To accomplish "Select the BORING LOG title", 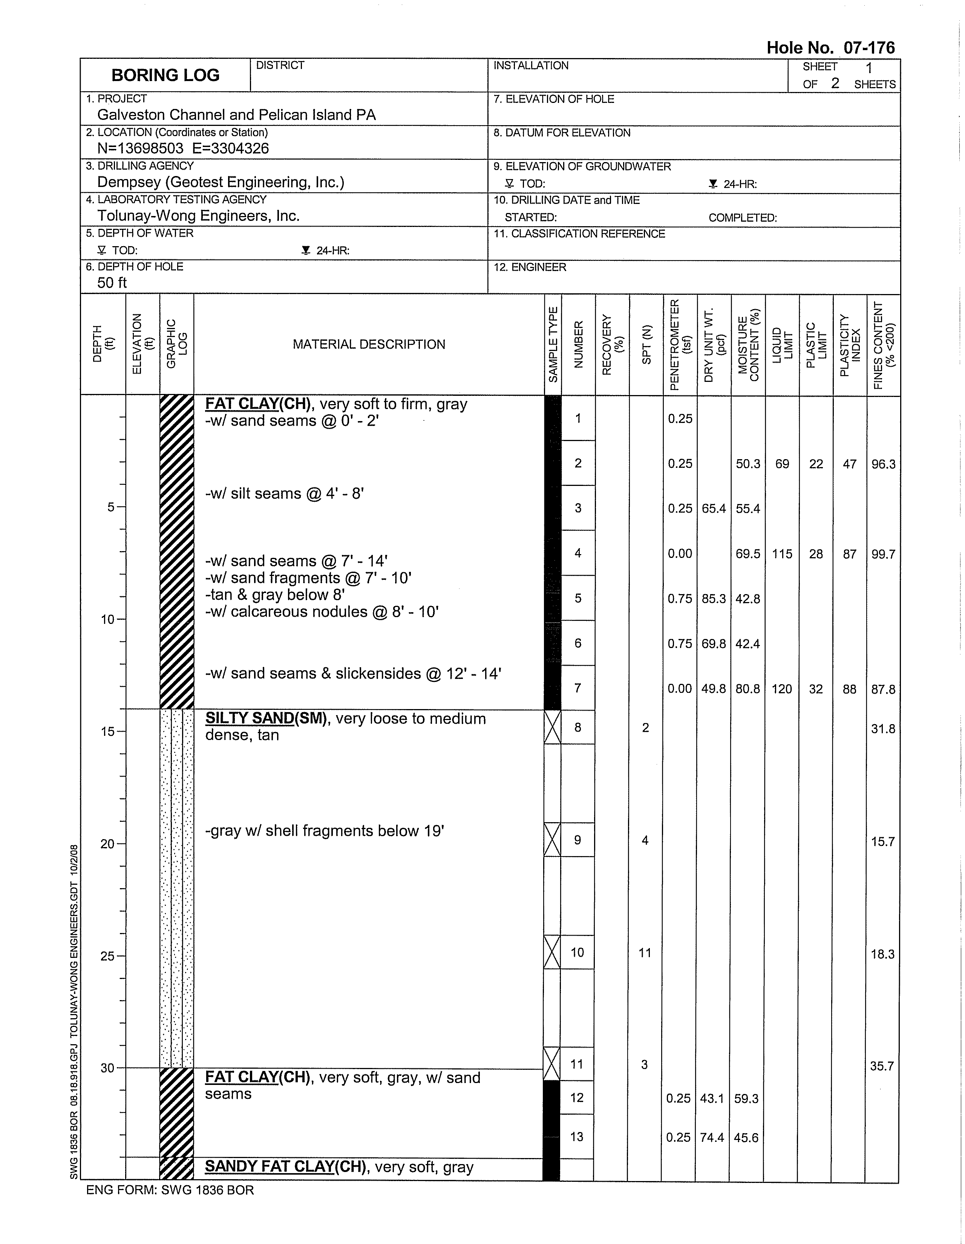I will [x=165, y=75].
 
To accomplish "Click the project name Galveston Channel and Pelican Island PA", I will [x=236, y=115].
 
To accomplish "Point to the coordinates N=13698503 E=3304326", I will [x=183, y=149].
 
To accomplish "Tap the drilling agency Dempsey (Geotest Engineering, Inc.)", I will [x=221, y=182].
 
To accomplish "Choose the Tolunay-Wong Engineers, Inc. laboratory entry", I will [x=198, y=216].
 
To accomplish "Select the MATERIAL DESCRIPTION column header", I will [x=369, y=345].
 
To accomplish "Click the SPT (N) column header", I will [x=646, y=345].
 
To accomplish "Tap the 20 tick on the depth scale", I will [x=108, y=844].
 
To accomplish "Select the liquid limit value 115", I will [x=782, y=554].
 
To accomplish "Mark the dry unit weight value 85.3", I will [x=714, y=599].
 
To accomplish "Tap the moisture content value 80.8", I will [x=748, y=689].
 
